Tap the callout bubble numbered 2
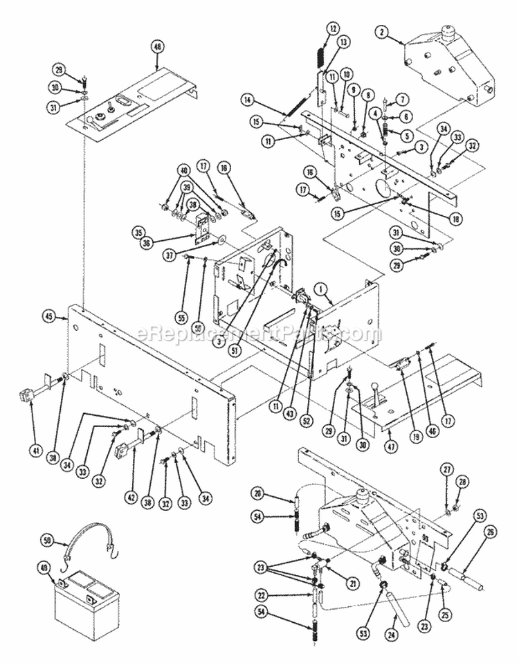click(381, 30)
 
